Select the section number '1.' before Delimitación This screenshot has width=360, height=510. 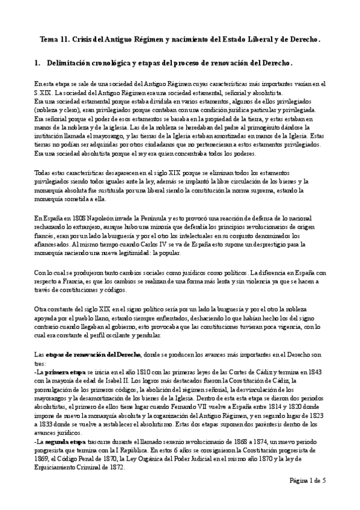pos(37,63)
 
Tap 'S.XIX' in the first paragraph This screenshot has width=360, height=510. pos(43,94)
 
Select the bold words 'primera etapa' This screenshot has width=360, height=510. pos(62,373)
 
